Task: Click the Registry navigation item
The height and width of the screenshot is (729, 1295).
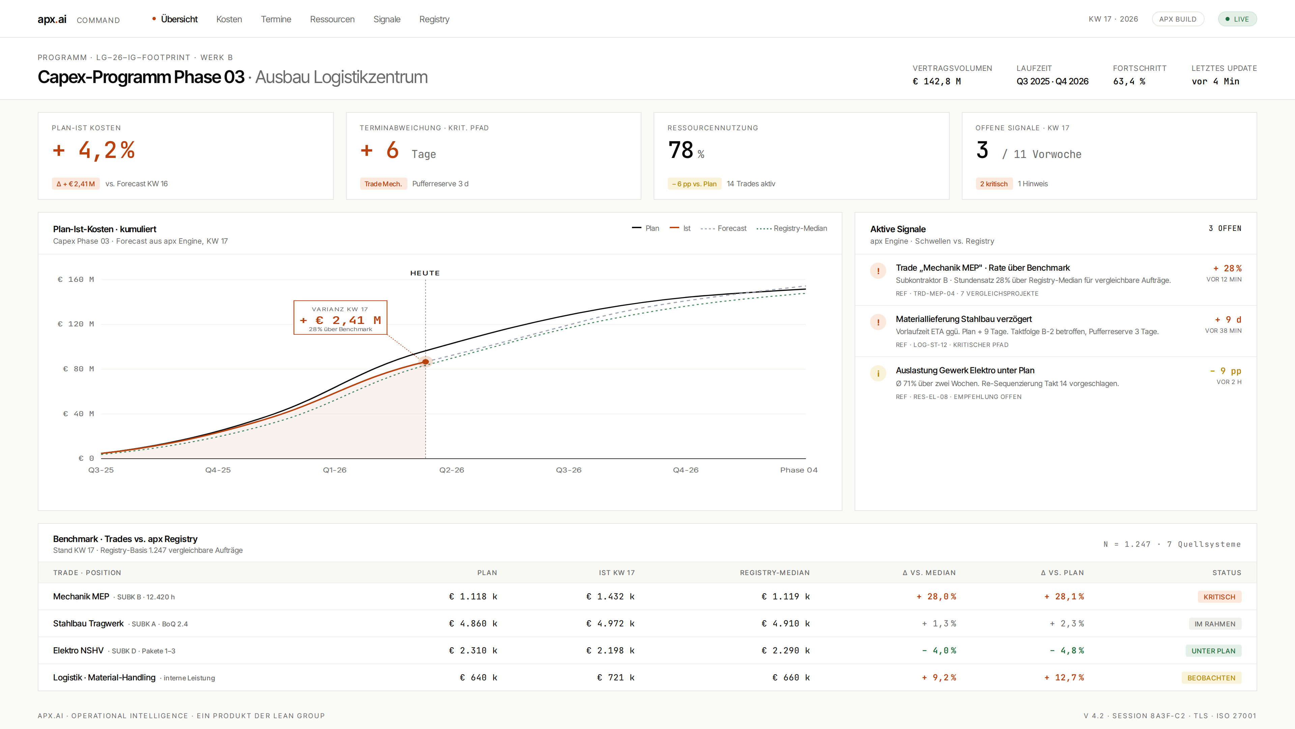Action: [x=434, y=19]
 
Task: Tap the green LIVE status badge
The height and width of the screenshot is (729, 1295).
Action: [x=1237, y=19]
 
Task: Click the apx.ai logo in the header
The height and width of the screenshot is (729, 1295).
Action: [x=52, y=19]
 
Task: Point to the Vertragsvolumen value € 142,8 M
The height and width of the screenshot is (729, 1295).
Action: [x=937, y=81]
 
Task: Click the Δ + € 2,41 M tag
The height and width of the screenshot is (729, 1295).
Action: [x=76, y=184]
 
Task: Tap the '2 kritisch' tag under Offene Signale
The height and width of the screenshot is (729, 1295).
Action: [x=994, y=184]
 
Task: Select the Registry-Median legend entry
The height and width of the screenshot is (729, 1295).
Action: [x=792, y=228]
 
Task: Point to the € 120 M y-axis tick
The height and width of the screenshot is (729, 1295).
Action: [x=76, y=324]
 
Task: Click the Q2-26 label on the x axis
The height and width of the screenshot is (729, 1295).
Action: [x=452, y=470]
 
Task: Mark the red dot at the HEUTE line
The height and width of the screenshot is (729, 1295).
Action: [x=425, y=362]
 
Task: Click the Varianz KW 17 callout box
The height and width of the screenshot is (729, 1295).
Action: [x=340, y=318]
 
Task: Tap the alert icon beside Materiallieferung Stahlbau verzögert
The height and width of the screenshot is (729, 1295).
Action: [x=878, y=322]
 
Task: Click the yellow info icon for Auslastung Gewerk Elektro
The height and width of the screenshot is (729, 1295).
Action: [x=878, y=373]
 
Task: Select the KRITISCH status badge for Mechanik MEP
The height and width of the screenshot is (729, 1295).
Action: [x=1219, y=597]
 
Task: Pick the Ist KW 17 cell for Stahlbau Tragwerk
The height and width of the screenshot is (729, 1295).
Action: [x=610, y=623]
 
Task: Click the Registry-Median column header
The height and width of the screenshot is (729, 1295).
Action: [x=775, y=572]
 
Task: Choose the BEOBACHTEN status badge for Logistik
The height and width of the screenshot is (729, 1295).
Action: [x=1211, y=678]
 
